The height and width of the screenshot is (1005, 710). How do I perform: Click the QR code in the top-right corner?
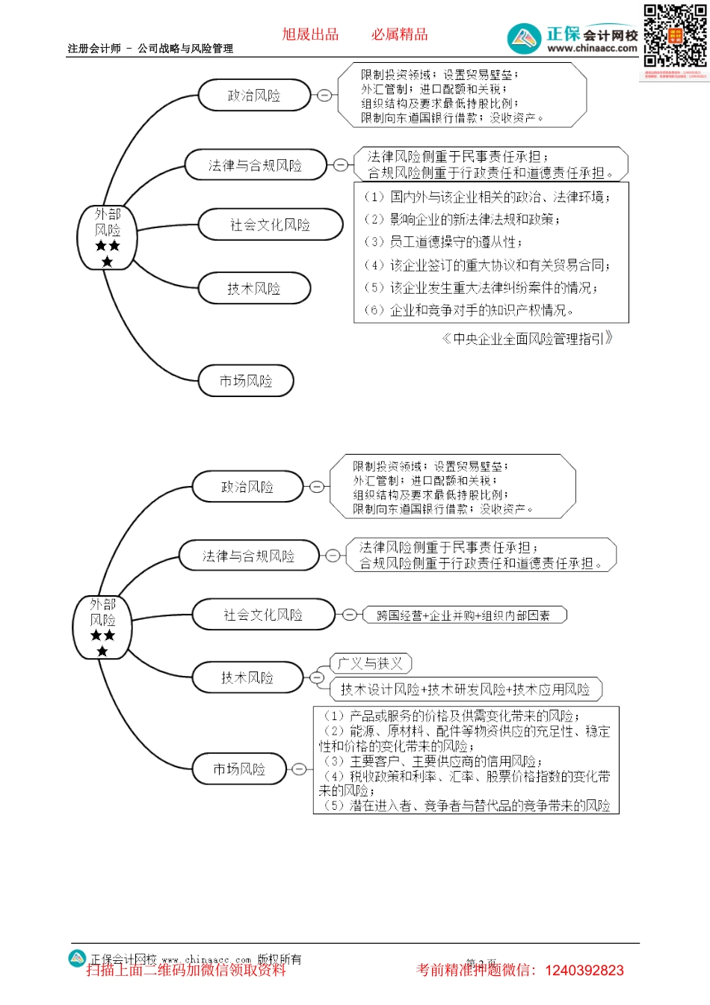click(x=675, y=35)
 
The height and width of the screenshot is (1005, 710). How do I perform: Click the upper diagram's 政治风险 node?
click(x=254, y=96)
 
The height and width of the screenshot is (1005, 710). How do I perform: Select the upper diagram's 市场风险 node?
click(x=246, y=381)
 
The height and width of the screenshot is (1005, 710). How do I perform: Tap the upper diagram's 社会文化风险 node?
click(x=270, y=224)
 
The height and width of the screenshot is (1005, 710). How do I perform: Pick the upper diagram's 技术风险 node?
click(x=254, y=289)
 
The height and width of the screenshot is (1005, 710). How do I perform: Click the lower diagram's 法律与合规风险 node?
click(x=249, y=556)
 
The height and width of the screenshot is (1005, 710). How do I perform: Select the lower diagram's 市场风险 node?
click(x=239, y=769)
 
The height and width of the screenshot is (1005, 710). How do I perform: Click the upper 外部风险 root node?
click(x=108, y=237)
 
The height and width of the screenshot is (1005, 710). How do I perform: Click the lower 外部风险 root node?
click(x=103, y=627)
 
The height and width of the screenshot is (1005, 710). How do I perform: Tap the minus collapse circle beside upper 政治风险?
click(x=324, y=96)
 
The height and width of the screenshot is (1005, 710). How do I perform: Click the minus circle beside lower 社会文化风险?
click(x=349, y=615)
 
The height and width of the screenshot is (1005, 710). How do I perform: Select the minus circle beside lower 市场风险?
click(x=299, y=769)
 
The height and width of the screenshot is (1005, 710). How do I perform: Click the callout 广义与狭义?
click(x=371, y=663)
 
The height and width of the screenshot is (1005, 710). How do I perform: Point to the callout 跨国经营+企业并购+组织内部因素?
click(x=463, y=615)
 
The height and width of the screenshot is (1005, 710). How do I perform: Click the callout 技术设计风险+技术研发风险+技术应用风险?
click(x=465, y=689)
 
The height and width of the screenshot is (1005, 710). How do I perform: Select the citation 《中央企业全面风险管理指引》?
click(x=528, y=339)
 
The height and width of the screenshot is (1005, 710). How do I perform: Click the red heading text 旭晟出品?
click(x=310, y=34)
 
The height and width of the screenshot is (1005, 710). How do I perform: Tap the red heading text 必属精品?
click(x=400, y=34)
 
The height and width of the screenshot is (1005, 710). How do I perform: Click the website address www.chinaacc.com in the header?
click(x=592, y=49)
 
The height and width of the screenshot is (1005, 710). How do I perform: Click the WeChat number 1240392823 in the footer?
click(x=584, y=971)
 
